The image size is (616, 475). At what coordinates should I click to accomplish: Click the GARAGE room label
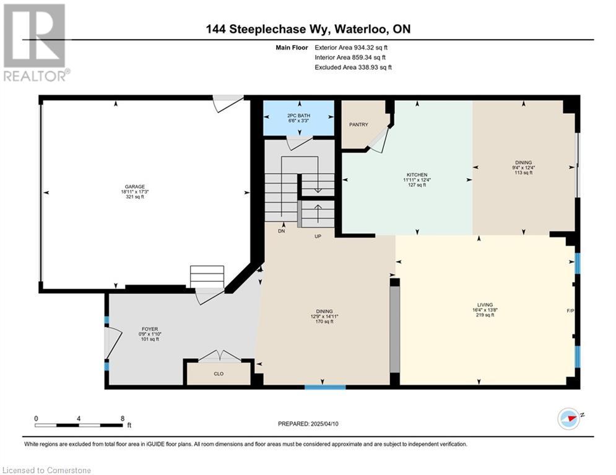tap(135, 187)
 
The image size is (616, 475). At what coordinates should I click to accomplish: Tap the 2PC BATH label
tap(298, 116)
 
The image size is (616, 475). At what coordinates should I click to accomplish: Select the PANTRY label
tap(358, 124)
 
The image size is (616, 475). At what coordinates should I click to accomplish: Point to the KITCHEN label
tap(417, 174)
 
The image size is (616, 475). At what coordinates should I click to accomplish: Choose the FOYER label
tap(150, 329)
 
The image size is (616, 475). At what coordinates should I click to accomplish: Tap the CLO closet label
tap(219, 374)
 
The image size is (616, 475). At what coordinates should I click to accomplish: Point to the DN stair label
tap(281, 231)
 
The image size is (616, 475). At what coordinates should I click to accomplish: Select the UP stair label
tap(318, 236)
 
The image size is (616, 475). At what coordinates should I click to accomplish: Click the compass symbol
tap(569, 419)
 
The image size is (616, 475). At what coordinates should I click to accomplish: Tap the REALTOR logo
tap(36, 43)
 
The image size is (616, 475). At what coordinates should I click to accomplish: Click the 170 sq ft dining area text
tap(324, 322)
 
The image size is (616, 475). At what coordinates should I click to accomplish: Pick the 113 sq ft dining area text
tap(523, 173)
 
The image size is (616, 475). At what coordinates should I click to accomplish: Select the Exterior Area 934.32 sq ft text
tap(351, 48)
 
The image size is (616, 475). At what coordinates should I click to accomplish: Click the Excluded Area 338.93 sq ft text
tap(353, 67)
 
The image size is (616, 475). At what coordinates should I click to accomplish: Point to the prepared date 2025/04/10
tap(324, 424)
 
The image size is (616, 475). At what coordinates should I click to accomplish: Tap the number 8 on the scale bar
tap(123, 419)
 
